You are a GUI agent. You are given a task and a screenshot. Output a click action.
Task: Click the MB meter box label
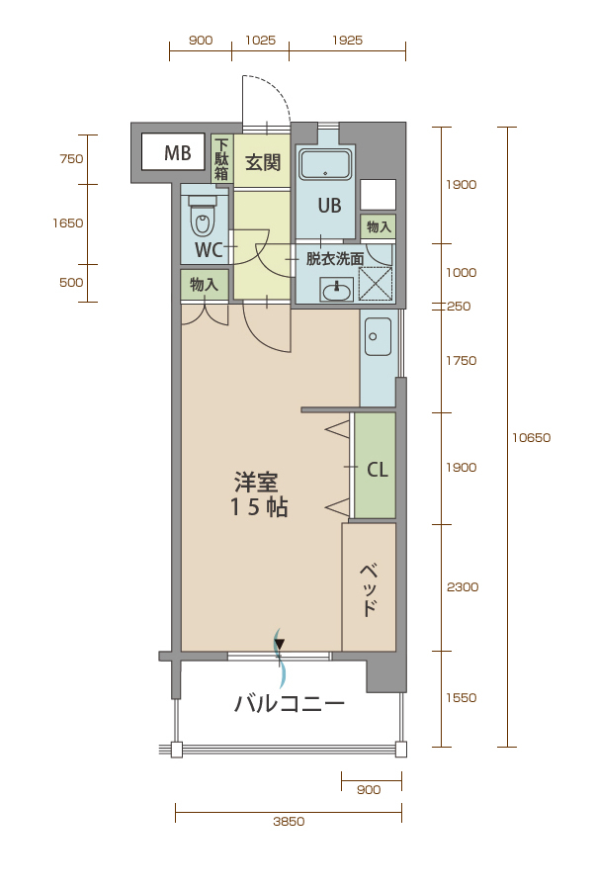click(178, 152)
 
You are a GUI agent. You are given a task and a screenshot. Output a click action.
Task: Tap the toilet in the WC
click(203, 217)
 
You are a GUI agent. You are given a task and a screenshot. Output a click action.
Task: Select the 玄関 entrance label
click(263, 163)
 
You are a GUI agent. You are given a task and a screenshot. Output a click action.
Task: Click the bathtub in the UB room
click(324, 164)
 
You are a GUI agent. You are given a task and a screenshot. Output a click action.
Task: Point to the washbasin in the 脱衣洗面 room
click(336, 290)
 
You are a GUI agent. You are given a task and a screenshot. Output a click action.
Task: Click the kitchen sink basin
click(378, 336)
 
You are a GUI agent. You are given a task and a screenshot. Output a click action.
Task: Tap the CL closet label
click(378, 470)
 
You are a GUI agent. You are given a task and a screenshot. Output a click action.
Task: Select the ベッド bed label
click(369, 589)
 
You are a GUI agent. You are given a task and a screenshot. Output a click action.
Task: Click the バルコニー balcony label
click(290, 704)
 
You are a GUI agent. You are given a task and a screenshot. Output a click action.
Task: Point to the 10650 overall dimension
click(531, 438)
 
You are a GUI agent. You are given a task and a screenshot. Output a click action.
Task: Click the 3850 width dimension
click(289, 822)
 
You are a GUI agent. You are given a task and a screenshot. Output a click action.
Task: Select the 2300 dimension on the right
click(463, 586)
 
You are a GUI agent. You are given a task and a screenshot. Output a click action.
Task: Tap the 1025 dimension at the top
click(261, 41)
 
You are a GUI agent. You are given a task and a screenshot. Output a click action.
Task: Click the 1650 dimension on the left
click(68, 223)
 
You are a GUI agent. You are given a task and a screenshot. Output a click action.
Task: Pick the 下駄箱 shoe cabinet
click(221, 159)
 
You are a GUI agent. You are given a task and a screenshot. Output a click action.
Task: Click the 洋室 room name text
click(256, 483)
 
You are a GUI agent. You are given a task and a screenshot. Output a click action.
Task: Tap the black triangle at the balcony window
click(279, 644)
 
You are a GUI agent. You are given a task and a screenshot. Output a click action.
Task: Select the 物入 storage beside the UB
click(379, 227)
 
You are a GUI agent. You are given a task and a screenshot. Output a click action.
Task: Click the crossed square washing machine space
click(376, 283)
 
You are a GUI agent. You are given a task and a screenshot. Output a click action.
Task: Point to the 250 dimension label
click(459, 307)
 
